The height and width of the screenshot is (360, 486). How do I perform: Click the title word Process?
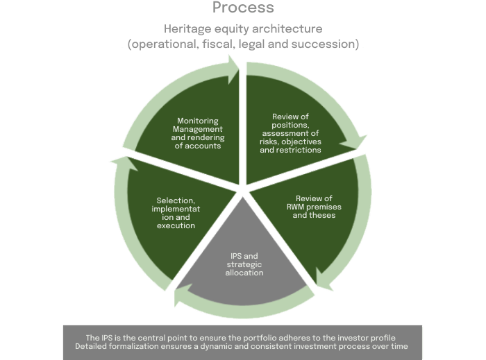point(243,8)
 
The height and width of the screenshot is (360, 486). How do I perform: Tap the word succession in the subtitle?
point(326,44)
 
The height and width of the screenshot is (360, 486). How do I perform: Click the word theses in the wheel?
point(324,215)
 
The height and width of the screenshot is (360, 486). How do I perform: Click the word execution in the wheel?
point(175,225)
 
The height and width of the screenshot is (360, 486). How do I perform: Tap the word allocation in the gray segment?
point(244,273)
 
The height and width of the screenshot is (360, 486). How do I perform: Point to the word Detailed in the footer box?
point(93,345)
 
